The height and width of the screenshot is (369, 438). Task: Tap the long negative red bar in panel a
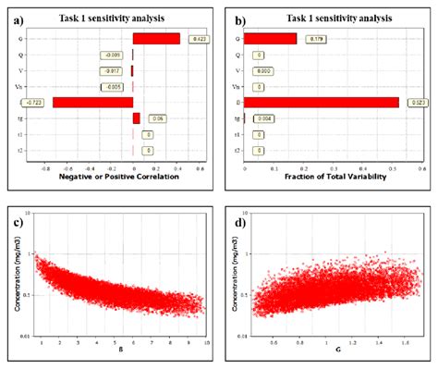tap(92, 103)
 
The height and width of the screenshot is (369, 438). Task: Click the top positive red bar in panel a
tap(156, 39)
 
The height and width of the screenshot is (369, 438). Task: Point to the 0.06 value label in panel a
tap(157, 118)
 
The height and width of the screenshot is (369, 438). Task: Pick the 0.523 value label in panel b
tap(416, 102)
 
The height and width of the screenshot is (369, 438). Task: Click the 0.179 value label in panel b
tap(314, 39)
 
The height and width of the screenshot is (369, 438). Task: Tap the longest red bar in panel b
tap(322, 102)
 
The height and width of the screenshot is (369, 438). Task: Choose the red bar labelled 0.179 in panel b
tap(271, 39)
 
